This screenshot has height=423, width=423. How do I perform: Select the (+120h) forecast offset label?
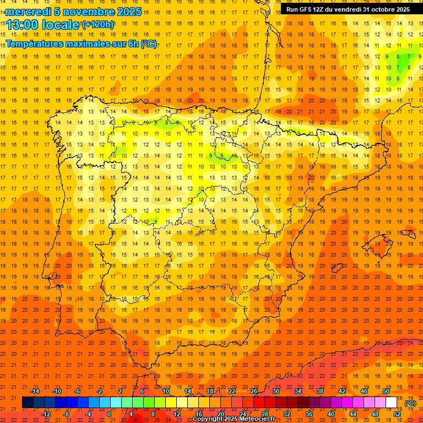pos(98,24)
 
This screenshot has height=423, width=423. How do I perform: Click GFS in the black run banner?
pos(306,9)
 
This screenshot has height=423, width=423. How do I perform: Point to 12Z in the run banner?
pos(320,9)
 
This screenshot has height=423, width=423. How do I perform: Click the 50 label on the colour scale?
pos(386,391)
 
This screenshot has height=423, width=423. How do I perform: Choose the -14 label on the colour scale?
pos(35,391)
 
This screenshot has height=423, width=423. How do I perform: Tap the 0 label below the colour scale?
pos(109,414)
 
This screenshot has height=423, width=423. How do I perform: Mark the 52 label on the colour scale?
pos(397,414)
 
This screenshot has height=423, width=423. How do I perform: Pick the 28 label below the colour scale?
pos(264,414)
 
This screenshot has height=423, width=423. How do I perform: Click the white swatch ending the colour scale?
pos(392,403)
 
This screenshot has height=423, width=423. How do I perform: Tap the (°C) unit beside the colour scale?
pos(410,403)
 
